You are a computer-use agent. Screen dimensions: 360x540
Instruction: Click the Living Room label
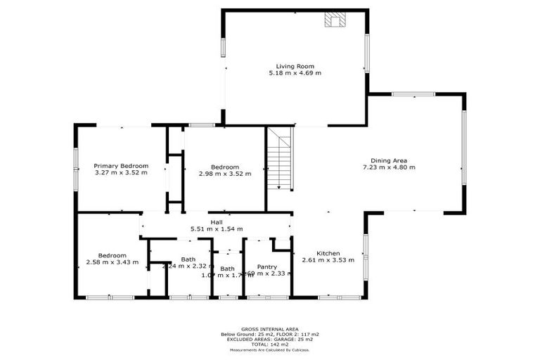pyautogui.click(x=295, y=66)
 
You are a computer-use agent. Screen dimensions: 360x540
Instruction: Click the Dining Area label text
pyautogui.click(x=389, y=160)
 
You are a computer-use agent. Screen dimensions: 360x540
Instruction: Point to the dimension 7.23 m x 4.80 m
pyautogui.click(x=389, y=167)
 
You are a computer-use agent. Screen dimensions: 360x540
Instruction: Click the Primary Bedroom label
pyautogui.click(x=121, y=166)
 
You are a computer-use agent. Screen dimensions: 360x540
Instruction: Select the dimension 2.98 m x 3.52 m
pyautogui.click(x=224, y=173)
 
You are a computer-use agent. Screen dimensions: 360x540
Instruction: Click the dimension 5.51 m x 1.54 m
pyautogui.click(x=217, y=229)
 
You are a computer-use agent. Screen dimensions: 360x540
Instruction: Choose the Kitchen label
pyautogui.click(x=328, y=253)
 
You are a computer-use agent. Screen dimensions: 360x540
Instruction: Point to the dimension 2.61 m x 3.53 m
pyautogui.click(x=328, y=260)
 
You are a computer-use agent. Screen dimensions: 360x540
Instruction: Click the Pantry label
pyautogui.click(x=266, y=266)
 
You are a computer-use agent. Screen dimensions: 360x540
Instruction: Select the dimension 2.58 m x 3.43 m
pyautogui.click(x=112, y=262)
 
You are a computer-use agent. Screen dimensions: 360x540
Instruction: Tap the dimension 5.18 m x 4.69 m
pyautogui.click(x=295, y=73)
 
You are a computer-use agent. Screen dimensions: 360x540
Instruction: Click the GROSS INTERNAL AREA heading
pyautogui.click(x=270, y=329)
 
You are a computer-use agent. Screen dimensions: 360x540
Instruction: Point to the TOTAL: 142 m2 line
pyautogui.click(x=270, y=344)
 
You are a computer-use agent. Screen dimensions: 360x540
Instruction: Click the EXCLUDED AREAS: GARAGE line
pyautogui.click(x=270, y=339)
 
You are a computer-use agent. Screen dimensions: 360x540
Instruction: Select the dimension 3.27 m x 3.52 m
pyautogui.click(x=121, y=173)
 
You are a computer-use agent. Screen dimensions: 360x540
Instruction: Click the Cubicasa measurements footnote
pyautogui.click(x=270, y=349)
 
